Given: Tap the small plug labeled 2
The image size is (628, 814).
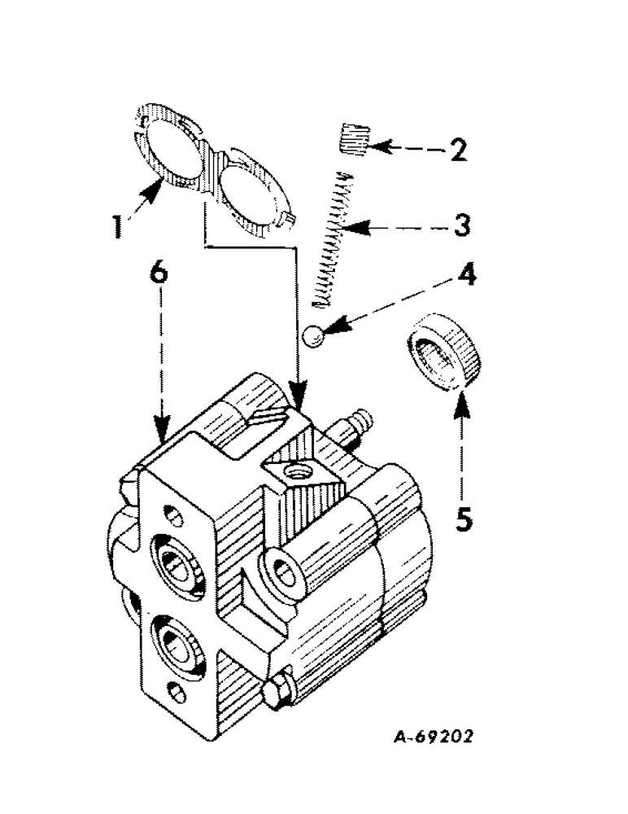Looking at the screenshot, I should (x=352, y=135).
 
